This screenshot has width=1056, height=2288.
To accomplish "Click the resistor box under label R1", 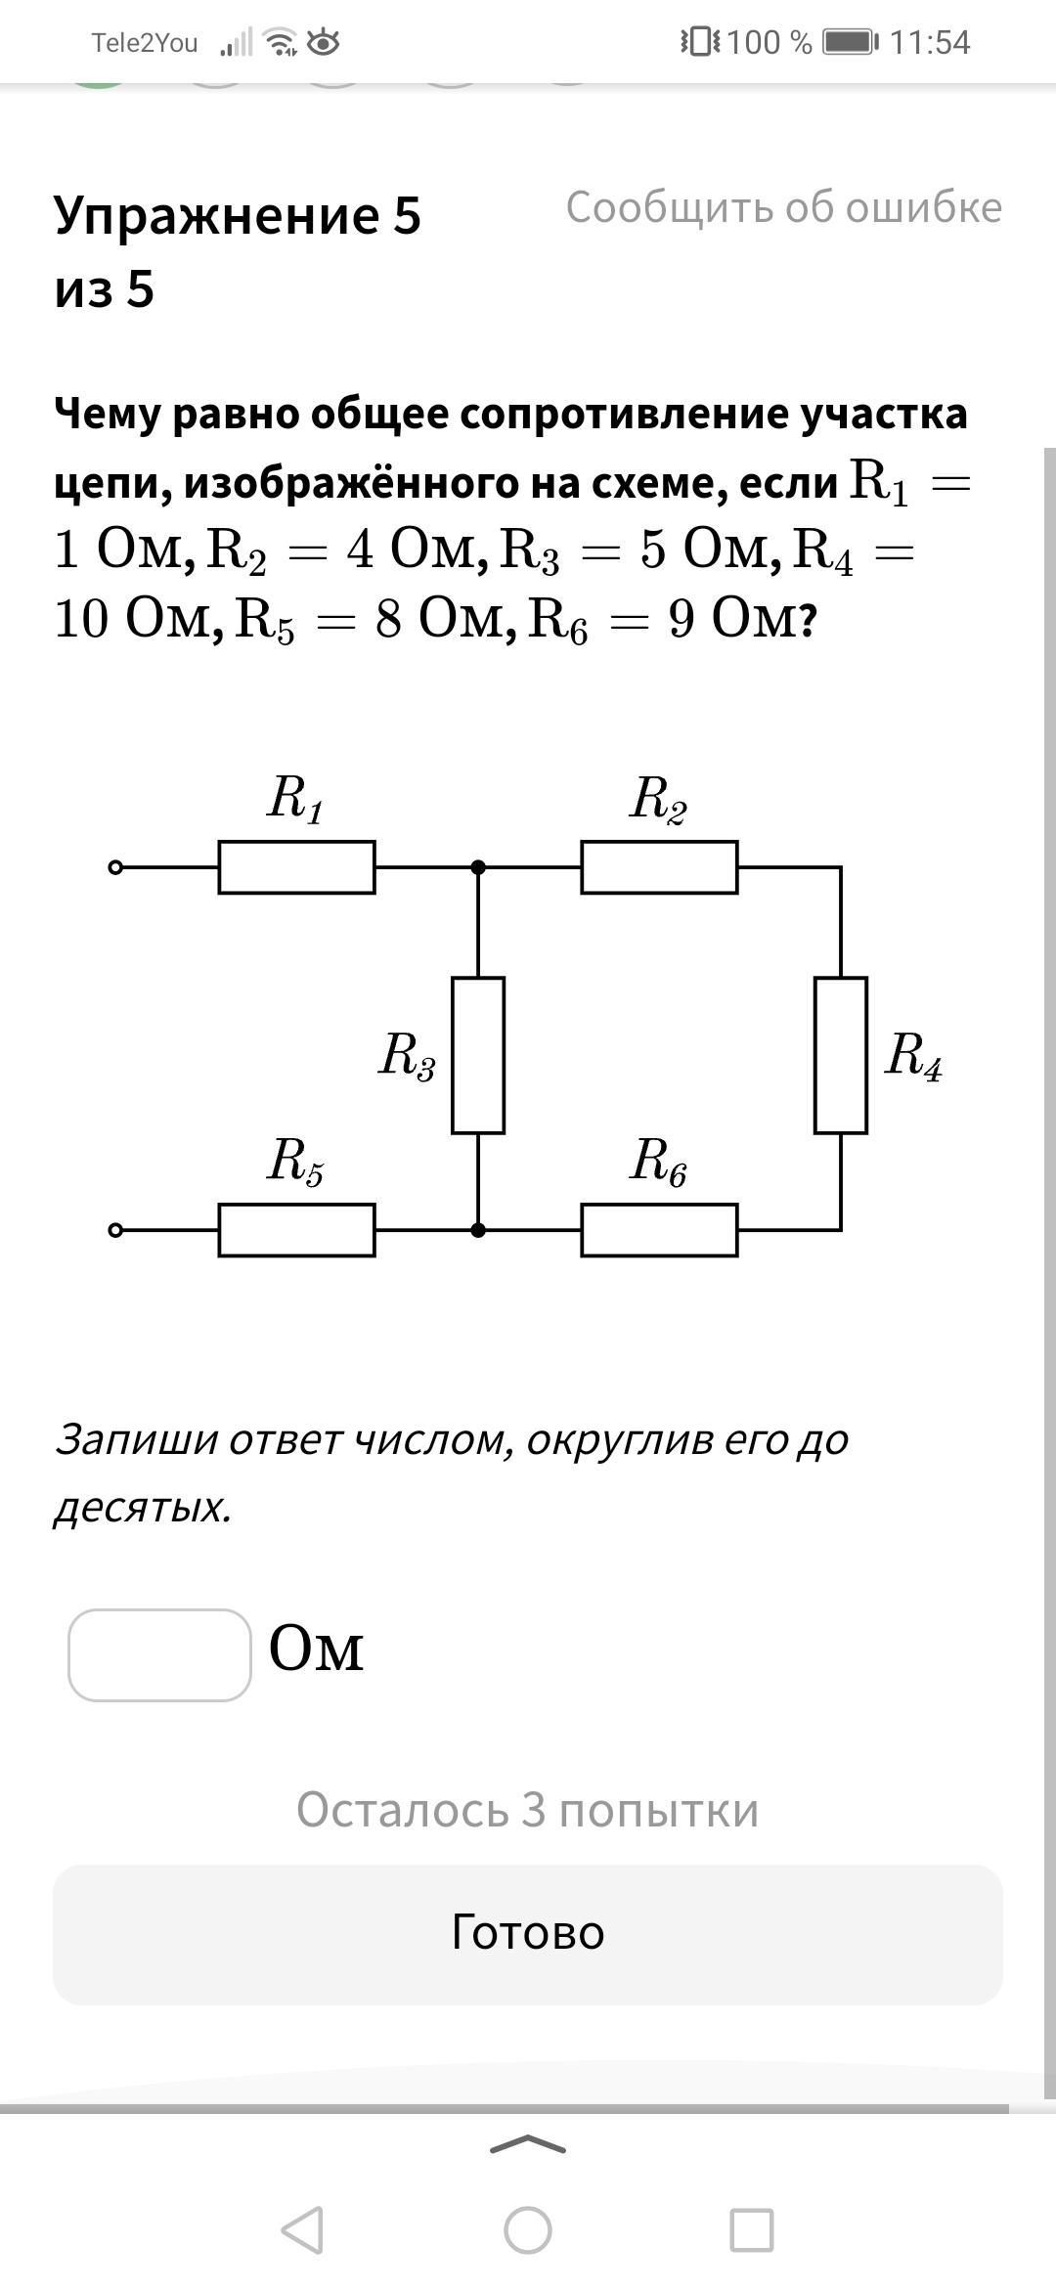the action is (296, 867).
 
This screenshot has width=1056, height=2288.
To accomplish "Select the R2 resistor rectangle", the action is (659, 867).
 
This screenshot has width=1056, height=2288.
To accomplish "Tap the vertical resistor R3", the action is (478, 1055).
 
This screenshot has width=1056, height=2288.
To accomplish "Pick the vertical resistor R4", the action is (841, 1055).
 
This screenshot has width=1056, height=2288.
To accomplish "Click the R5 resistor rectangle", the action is (296, 1230).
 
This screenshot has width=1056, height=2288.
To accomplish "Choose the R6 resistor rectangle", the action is (659, 1230).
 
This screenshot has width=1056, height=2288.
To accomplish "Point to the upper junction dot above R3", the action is (478, 867).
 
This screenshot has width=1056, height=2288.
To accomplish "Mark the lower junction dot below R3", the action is (478, 1230).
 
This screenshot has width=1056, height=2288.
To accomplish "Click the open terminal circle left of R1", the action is (115, 867).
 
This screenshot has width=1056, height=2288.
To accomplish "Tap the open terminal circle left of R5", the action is (115, 1230).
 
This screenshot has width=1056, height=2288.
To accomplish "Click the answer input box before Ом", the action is (159, 1655).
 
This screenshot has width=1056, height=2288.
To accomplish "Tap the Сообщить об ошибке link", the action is (784, 207).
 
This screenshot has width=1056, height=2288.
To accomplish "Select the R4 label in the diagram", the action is (913, 1057).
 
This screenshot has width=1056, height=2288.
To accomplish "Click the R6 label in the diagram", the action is (658, 1163).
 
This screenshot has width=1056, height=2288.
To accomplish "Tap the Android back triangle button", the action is (303, 2230).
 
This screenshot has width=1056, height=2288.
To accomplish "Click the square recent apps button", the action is (752, 2230).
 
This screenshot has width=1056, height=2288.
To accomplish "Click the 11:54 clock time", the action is (930, 42).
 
